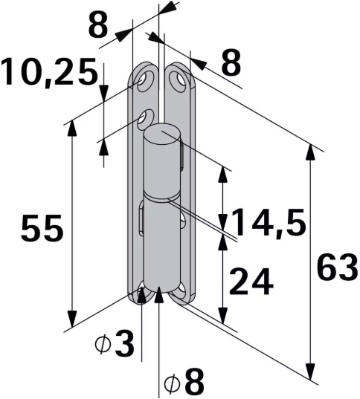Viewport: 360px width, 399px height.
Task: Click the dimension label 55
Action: pyautogui.click(x=42, y=229)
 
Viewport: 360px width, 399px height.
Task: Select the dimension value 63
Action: pyautogui.click(x=337, y=266)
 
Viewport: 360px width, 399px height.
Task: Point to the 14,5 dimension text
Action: pyautogui.click(x=268, y=223)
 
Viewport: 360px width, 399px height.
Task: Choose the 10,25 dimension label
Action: pyautogui.click(x=49, y=73)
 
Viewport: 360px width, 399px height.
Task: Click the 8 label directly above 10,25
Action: pyautogui.click(x=98, y=25)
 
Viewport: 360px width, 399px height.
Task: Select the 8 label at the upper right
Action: pyautogui.click(x=231, y=63)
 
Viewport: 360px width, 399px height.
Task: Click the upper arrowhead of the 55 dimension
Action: pyautogui.click(x=71, y=126)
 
